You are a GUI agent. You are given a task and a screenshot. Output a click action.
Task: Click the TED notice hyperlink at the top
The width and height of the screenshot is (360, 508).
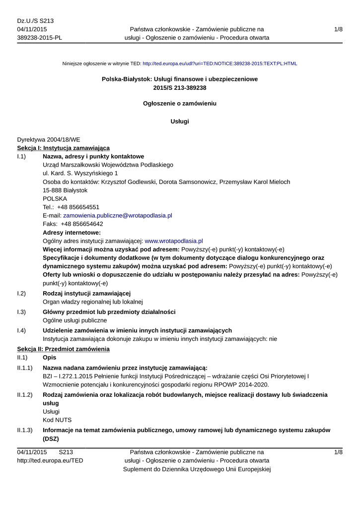tap(219, 63)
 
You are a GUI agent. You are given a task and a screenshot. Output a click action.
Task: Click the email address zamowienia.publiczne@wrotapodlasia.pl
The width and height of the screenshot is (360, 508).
tap(117, 215)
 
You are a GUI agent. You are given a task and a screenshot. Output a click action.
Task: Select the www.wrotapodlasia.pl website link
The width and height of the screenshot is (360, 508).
tap(173, 241)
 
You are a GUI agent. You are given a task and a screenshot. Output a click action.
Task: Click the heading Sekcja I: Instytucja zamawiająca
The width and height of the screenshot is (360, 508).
tap(64, 148)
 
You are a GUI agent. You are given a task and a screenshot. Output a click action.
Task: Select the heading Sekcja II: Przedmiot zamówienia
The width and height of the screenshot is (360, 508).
tap(63, 349)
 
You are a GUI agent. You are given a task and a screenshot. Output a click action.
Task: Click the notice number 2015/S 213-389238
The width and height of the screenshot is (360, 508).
tap(180, 87)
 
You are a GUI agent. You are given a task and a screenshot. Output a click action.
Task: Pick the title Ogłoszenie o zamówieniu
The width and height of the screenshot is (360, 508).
tap(180, 104)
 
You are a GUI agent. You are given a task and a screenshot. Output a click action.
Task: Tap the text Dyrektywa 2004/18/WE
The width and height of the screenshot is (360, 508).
tap(49, 139)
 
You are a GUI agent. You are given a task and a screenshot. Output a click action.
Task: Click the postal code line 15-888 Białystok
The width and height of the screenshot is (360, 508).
tap(65, 190)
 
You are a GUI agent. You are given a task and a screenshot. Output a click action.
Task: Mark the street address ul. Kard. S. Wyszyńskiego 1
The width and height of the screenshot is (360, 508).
tap(80, 173)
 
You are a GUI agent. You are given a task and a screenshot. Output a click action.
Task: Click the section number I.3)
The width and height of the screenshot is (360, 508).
tap(21, 312)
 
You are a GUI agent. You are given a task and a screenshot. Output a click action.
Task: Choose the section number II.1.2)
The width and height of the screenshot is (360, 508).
tap(25, 394)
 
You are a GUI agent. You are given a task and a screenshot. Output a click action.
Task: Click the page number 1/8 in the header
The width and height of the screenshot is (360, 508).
tap(338, 29)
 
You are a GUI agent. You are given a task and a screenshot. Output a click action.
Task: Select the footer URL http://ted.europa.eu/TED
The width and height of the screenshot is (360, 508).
tap(50, 460)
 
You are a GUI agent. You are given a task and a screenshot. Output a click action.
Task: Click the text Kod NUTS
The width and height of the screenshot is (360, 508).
tap(57, 420)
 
